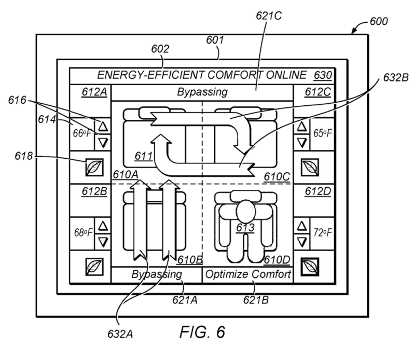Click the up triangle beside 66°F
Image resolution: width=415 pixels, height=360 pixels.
click(103, 126)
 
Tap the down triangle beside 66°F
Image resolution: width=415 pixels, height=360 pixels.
click(103, 143)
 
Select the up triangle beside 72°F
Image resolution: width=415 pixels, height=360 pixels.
click(302, 226)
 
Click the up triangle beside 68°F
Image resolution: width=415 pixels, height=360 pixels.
click(103, 226)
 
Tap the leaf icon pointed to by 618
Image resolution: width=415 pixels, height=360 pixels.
click(94, 167)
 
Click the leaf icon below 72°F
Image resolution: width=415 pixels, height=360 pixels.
click(310, 267)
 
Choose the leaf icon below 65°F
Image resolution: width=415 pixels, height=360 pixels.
click(310, 167)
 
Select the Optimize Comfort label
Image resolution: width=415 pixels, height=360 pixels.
click(248, 274)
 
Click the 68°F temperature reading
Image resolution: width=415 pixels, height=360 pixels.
click(83, 232)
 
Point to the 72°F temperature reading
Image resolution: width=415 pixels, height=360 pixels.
click(322, 232)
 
